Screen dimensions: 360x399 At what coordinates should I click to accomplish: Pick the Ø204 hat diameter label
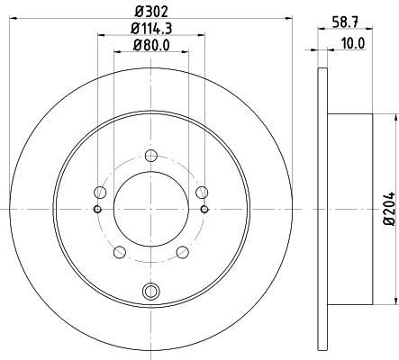click(x=388, y=209)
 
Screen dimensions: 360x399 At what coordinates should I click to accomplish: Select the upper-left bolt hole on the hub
click(x=99, y=191)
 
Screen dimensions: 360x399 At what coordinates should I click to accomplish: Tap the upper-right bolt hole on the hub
click(x=203, y=191)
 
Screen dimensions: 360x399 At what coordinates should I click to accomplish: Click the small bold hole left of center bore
click(x=96, y=209)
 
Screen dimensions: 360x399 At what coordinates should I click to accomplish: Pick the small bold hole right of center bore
click(x=205, y=209)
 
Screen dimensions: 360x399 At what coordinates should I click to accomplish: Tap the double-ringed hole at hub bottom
click(x=150, y=290)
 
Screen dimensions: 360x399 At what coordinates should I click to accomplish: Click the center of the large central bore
click(x=150, y=209)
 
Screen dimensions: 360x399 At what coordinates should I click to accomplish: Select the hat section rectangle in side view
click(x=350, y=209)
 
